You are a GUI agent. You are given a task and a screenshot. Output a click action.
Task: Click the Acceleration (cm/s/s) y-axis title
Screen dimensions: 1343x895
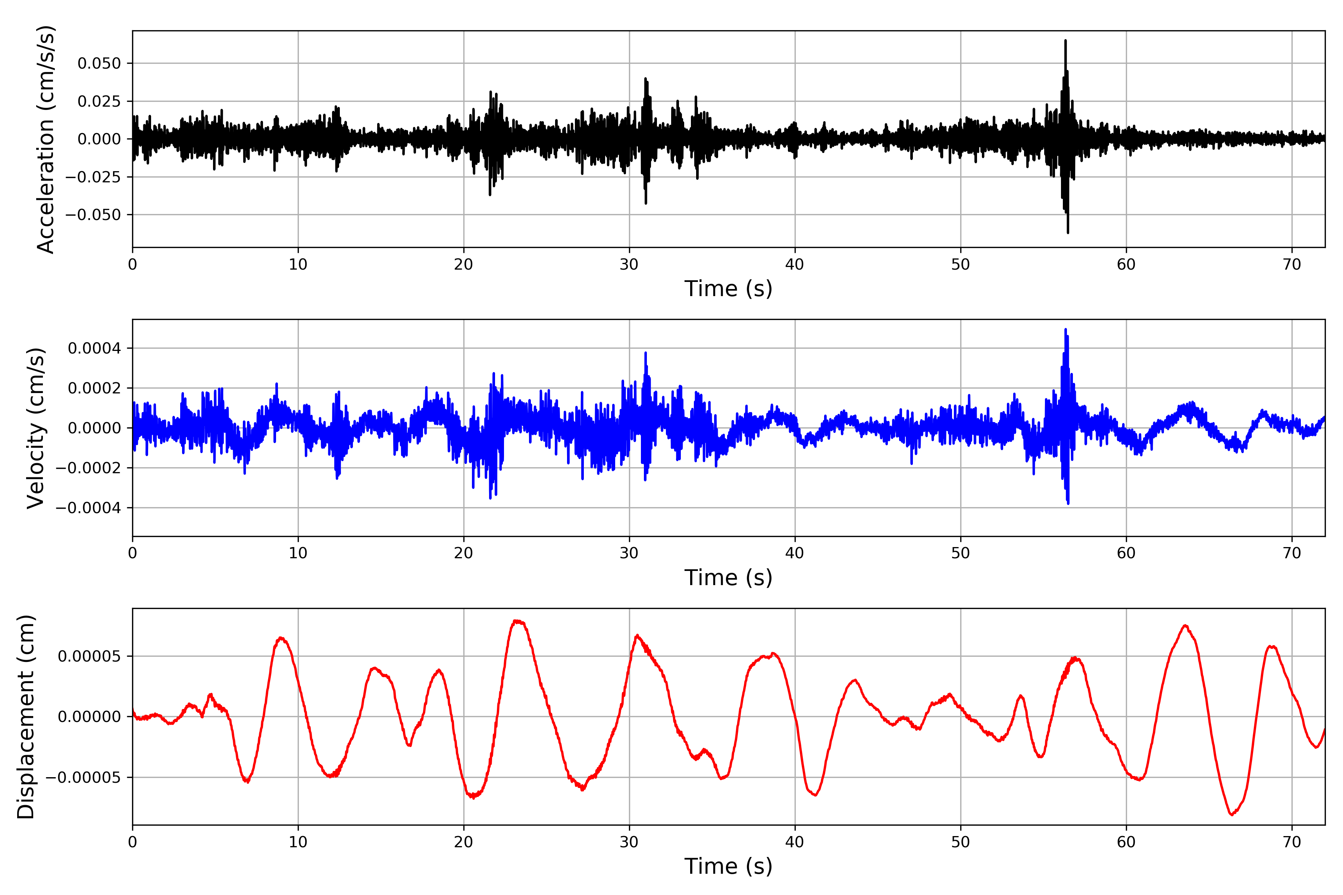click(46, 139)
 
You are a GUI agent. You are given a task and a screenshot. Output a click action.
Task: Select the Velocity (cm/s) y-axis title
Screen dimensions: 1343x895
click(36, 428)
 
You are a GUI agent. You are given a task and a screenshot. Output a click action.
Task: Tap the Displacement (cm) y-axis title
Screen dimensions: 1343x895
click(26, 717)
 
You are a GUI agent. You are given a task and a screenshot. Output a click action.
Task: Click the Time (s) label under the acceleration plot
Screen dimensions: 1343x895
click(728, 289)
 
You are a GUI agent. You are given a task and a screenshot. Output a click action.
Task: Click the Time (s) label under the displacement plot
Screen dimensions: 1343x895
click(728, 866)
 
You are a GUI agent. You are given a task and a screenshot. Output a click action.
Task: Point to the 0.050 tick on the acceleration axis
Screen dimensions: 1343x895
click(99, 63)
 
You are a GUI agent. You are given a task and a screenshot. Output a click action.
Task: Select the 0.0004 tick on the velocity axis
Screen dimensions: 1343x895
click(94, 348)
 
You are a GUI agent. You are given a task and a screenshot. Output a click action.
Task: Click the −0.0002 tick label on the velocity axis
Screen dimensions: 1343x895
click(88, 468)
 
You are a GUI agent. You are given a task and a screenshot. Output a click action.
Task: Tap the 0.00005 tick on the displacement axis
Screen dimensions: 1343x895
click(90, 656)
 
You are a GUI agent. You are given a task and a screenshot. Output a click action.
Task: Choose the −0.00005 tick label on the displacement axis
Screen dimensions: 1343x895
click(83, 778)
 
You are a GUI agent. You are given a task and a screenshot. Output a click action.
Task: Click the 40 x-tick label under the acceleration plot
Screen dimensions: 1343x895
click(795, 265)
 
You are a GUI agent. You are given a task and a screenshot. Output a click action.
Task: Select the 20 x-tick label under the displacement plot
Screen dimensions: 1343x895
click(464, 842)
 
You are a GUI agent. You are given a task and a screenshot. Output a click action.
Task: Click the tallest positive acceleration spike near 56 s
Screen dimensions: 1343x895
click(1065, 41)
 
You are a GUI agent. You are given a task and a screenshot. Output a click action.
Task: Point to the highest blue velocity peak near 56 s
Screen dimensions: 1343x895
click(1065, 329)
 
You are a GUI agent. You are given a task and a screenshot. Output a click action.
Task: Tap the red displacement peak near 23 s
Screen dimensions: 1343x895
click(517, 621)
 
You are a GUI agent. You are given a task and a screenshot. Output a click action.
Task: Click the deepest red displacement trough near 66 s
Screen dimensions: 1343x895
click(1232, 814)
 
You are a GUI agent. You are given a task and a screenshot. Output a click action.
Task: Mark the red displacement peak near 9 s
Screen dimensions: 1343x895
click(282, 638)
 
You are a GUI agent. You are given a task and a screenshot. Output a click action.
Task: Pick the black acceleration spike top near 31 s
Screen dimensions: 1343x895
click(645, 79)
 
